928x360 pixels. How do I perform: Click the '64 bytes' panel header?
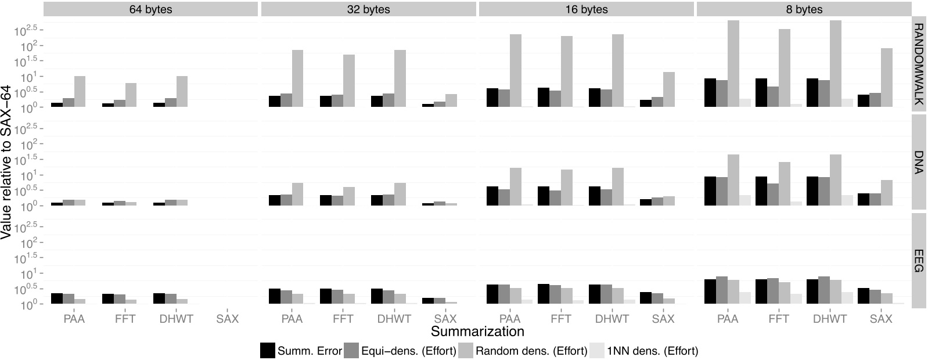pyautogui.click(x=150, y=9)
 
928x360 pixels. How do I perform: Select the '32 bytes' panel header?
pyautogui.click(x=368, y=9)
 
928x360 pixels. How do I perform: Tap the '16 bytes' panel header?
pyautogui.click(x=586, y=9)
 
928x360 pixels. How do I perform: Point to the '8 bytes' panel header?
pyautogui.click(x=804, y=9)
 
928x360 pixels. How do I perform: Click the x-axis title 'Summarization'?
pyautogui.click(x=477, y=332)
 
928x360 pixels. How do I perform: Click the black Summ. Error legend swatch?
pyautogui.click(x=268, y=350)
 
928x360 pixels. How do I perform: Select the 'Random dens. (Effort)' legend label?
pyautogui.click(x=531, y=351)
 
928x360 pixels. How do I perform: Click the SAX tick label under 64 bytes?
pyautogui.click(x=227, y=319)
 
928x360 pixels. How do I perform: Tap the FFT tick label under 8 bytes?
pyautogui.click(x=779, y=319)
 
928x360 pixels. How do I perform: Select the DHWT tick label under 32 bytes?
pyautogui.click(x=394, y=319)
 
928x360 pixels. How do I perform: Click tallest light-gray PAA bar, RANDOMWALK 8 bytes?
pyautogui.click(x=733, y=64)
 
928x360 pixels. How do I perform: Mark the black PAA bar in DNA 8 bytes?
pyautogui.click(x=710, y=190)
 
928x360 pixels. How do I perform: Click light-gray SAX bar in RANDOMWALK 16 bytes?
pyautogui.click(x=668, y=89)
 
